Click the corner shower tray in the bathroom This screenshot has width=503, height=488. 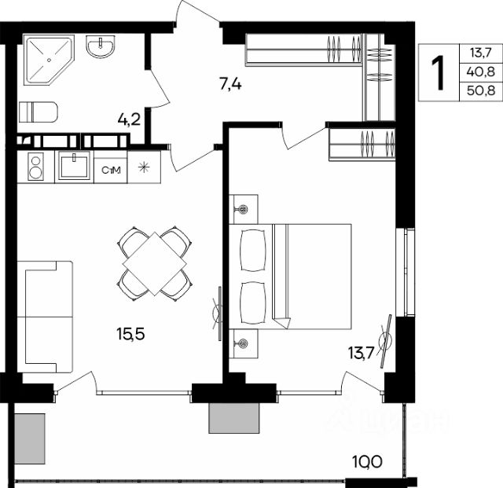[49, 60]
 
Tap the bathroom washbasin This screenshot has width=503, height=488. [100, 46]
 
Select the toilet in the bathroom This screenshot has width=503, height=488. [39, 112]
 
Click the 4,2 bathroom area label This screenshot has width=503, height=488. [129, 120]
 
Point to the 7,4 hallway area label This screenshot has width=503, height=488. [230, 85]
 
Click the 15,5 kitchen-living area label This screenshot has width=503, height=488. [130, 334]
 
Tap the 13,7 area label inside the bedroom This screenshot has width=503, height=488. [362, 354]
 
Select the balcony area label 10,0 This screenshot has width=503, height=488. [367, 462]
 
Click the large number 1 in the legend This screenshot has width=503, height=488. [438, 73]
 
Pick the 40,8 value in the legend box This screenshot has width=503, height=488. [480, 72]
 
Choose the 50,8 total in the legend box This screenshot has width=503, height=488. [480, 90]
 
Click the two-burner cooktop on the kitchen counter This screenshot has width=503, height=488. [35, 166]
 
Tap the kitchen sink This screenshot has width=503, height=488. [74, 166]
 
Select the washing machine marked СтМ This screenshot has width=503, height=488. [111, 170]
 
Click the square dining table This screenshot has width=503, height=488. [155, 264]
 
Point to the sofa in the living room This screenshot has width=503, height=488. [45, 317]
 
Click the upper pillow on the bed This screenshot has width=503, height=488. [253, 250]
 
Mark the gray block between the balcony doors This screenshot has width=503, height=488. [234, 418]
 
